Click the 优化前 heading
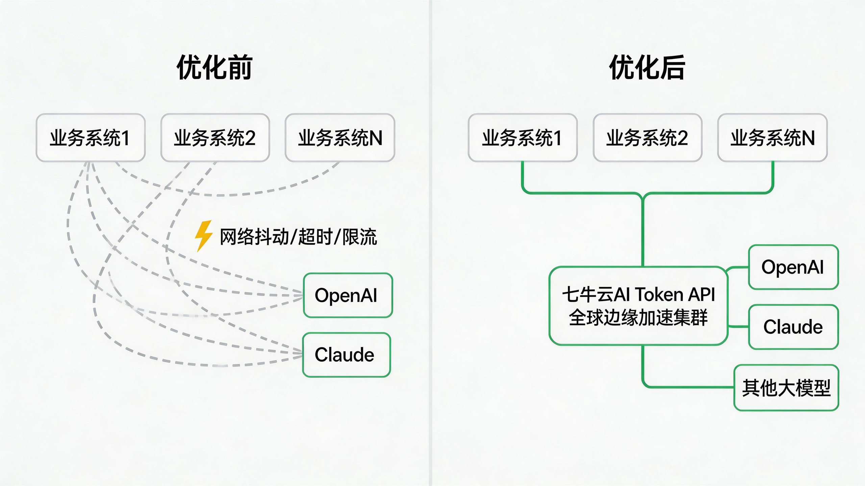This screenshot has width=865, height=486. coord(215,67)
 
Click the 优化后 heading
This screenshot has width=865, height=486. coord(647,67)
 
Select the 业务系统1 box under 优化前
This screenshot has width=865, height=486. coord(91,138)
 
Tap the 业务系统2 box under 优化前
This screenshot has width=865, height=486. coord(215,138)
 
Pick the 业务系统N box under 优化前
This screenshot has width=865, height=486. coord(340,138)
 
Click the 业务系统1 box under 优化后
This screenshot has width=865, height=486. coord(522,138)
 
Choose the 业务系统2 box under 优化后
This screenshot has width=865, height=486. coord(647,138)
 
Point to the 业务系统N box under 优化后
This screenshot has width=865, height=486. coord(772,138)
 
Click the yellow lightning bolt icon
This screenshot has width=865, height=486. coord(204,236)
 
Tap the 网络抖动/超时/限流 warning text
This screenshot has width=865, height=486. coord(298,237)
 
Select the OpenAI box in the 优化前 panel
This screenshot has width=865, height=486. coord(348,295)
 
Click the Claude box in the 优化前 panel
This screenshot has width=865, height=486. coord(346,355)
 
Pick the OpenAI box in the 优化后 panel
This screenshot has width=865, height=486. coord(793,267)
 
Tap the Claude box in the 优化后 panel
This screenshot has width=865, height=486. coord(793,327)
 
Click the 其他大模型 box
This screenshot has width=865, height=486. coord(786,388)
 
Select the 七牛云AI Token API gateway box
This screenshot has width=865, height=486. coord(638,306)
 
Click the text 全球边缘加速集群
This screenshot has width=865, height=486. coord(638,318)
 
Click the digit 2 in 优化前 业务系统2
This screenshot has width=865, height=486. coord(249,138)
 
